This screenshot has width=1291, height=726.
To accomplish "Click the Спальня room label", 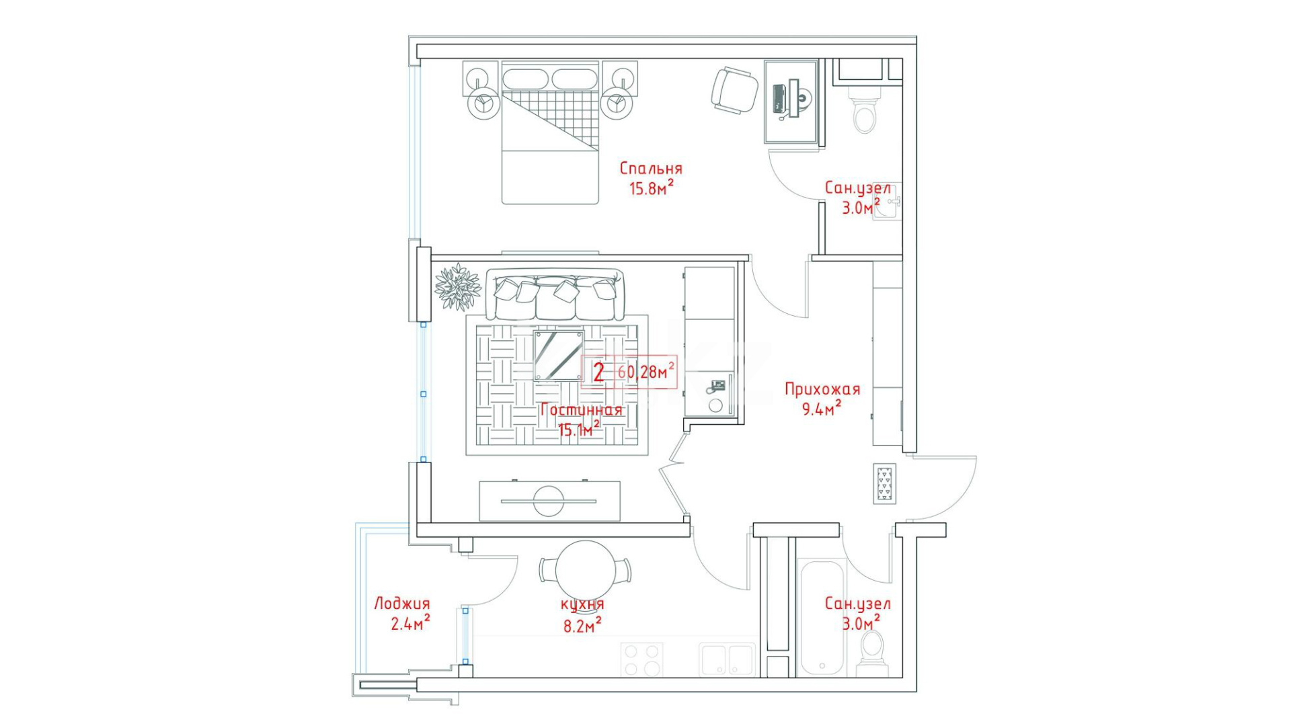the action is [651, 169].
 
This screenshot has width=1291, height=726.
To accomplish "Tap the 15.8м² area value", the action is [651, 188].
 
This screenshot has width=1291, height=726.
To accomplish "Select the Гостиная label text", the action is [581, 410].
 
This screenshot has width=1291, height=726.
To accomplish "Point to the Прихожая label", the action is [822, 389].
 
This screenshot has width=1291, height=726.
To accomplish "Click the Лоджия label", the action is [401, 604].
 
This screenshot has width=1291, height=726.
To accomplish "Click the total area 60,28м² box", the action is [629, 371].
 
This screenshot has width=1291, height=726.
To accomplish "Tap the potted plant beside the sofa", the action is [458, 287].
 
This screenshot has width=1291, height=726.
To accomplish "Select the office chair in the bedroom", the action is [734, 90].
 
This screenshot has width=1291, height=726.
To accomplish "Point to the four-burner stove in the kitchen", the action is [641, 659].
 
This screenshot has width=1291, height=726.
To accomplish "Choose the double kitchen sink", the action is [727, 659].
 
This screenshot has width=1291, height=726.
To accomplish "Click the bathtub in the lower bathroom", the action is [822, 617].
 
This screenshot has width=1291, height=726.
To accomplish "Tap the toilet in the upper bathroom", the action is [864, 111].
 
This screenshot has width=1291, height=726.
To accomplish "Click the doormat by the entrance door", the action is [884, 483].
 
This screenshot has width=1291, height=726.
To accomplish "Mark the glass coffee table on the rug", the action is [559, 356].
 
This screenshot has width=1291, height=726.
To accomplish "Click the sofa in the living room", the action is [555, 294].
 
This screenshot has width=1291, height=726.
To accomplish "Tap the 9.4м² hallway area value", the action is [822, 407].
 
